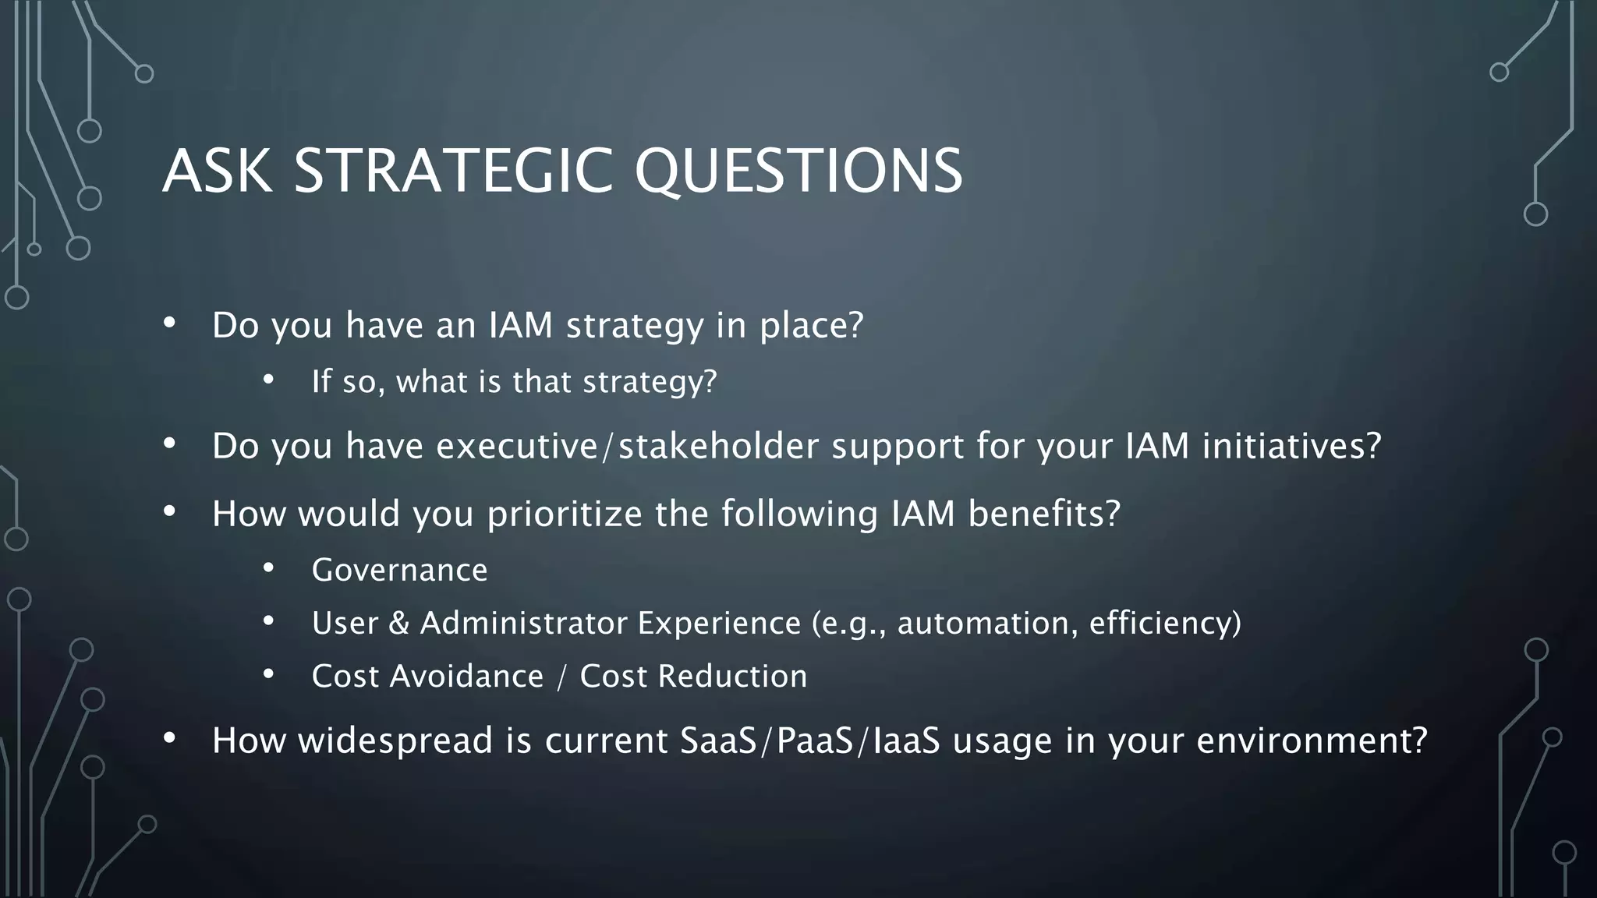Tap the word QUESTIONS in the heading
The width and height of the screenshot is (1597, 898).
coord(798,171)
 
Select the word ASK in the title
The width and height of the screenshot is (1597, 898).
coord(218,171)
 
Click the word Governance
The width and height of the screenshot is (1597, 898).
coord(399,571)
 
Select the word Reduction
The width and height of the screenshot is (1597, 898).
coord(732,677)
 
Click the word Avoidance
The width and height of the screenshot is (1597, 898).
coord(466,677)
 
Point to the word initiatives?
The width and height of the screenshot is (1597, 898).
coord(1291,446)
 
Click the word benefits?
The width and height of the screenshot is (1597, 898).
coord(1044,514)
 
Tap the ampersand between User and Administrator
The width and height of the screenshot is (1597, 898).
coord(398,624)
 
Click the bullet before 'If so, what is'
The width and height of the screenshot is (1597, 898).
coord(268,380)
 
